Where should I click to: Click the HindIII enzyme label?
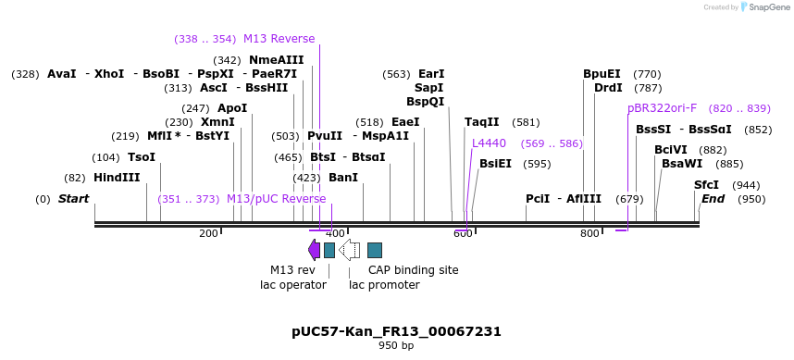point(117,178)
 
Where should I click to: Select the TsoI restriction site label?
point(142,157)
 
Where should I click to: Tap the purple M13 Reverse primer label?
point(279,39)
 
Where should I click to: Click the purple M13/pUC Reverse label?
point(276,199)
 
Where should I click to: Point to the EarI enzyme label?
point(431,74)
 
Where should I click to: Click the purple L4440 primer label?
point(489,143)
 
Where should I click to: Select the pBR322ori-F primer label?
point(662,108)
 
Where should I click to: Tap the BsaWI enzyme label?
point(683,164)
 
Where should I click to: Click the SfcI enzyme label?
point(706,185)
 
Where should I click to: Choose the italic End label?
point(713,199)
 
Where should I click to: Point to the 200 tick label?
point(207,233)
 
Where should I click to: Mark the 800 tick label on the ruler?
point(589,233)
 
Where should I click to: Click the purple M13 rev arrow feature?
point(314,250)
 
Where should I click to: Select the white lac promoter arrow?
point(349,250)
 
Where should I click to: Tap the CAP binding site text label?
point(413,270)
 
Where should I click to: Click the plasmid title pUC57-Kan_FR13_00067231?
point(396,331)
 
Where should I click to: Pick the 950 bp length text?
point(396,346)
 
